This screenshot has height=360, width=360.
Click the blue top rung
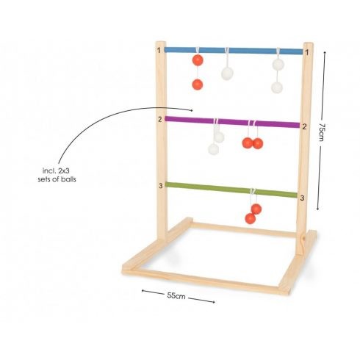[234, 51]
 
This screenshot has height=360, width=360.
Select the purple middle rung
[232, 122]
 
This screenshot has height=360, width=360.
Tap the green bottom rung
[231, 190]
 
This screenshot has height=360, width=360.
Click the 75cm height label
[323, 132]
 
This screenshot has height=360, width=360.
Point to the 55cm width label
[176, 295]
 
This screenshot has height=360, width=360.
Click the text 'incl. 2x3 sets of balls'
[57, 175]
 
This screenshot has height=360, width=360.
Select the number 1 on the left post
[159, 51]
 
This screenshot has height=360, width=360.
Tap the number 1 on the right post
[307, 52]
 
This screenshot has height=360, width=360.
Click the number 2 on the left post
[160, 120]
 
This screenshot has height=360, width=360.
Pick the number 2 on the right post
[304, 126]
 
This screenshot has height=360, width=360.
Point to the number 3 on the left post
[161, 186]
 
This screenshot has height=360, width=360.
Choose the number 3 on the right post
[302, 198]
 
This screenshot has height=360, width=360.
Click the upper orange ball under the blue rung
[198, 60]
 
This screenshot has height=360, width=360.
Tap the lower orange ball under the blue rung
[198, 84]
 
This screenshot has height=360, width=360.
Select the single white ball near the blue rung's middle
[227, 73]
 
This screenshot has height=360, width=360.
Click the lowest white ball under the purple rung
[213, 149]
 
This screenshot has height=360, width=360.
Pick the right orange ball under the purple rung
[258, 143]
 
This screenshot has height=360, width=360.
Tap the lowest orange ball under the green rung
[251, 218]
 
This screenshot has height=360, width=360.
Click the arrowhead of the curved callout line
[191, 110]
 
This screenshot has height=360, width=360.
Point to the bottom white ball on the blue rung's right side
[277, 87]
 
